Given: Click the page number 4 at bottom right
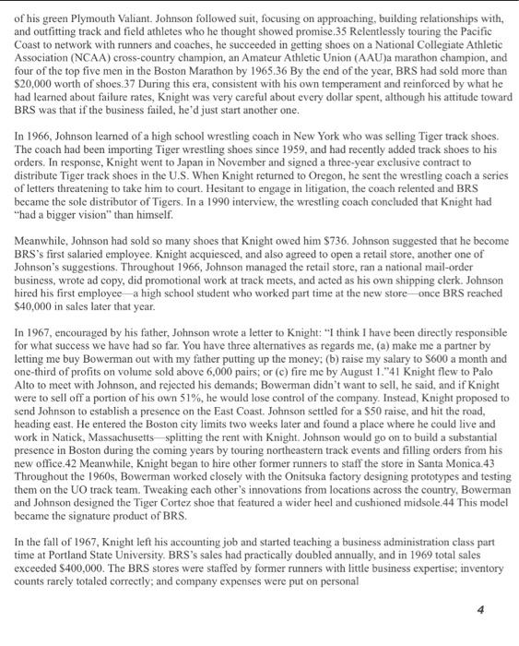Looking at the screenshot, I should click(x=480, y=610).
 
